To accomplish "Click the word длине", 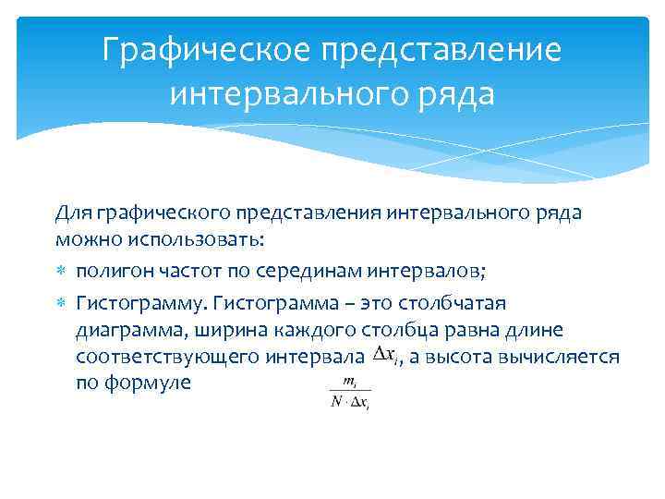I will pos(536,331).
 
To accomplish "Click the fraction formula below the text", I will pos(350,392).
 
